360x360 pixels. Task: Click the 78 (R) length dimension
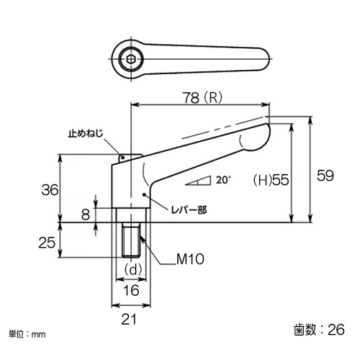[202, 98]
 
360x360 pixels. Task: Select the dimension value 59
[325, 176]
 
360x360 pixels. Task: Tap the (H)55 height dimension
[271, 180]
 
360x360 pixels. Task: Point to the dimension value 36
[50, 190]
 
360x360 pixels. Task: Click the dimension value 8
[86, 215]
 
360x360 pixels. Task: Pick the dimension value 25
[47, 243]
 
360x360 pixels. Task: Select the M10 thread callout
[190, 259]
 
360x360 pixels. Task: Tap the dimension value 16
[131, 290]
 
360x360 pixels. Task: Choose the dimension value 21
[129, 319]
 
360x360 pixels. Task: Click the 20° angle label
[223, 180]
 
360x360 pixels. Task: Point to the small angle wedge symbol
[199, 181]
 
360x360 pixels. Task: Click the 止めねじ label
[86, 133]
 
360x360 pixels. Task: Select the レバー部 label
[189, 210]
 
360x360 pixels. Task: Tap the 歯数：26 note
[320, 329]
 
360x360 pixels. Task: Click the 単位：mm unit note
[27, 334]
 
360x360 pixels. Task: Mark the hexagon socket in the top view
[131, 59]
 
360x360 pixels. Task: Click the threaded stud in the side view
[131, 240]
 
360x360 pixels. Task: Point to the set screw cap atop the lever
[130, 158]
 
